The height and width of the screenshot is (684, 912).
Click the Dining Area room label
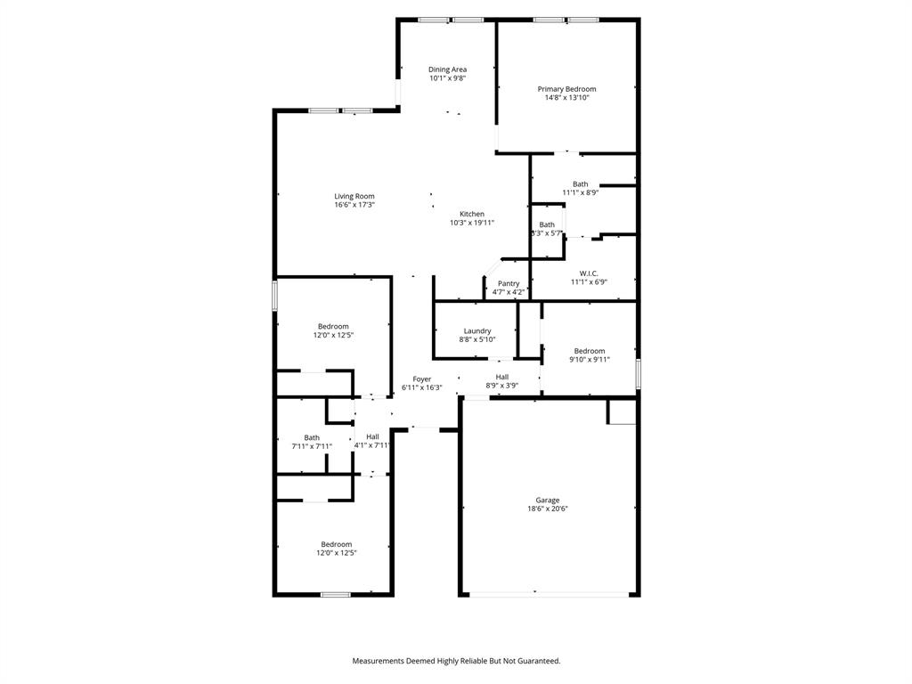pyautogui.click(x=447, y=69)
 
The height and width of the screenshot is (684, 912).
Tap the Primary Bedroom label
pyautogui.click(x=566, y=89)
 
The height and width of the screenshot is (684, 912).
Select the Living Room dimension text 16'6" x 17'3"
pyautogui.click(x=354, y=205)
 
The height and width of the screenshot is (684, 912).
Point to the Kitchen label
pyautogui.click(x=472, y=214)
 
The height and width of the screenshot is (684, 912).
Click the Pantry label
pyautogui.click(x=509, y=283)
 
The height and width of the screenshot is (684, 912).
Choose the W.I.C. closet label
pyautogui.click(x=589, y=273)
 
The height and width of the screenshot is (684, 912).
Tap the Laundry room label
pyautogui.click(x=477, y=330)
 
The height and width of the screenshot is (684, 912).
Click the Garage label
pyautogui.click(x=548, y=500)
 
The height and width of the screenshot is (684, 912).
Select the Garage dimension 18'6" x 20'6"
pyautogui.click(x=548, y=509)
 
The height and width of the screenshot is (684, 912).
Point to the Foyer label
pyautogui.click(x=421, y=379)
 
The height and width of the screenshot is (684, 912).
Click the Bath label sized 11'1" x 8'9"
pyautogui.click(x=581, y=184)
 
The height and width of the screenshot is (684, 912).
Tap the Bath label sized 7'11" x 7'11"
pyautogui.click(x=312, y=437)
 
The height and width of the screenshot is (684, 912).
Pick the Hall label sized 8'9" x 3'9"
pyautogui.click(x=502, y=377)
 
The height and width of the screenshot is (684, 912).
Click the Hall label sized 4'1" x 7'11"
pyautogui.click(x=372, y=436)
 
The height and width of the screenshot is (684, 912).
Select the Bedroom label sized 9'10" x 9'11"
pyautogui.click(x=590, y=351)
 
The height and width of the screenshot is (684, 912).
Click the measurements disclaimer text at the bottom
pyautogui.click(x=456, y=661)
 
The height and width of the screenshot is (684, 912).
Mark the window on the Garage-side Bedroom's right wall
pyautogui.click(x=639, y=373)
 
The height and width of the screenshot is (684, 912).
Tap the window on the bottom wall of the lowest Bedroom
pyautogui.click(x=335, y=594)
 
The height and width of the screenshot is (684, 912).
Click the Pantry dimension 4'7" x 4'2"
pyautogui.click(x=509, y=292)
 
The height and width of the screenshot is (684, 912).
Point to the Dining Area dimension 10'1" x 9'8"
pyautogui.click(x=447, y=78)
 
